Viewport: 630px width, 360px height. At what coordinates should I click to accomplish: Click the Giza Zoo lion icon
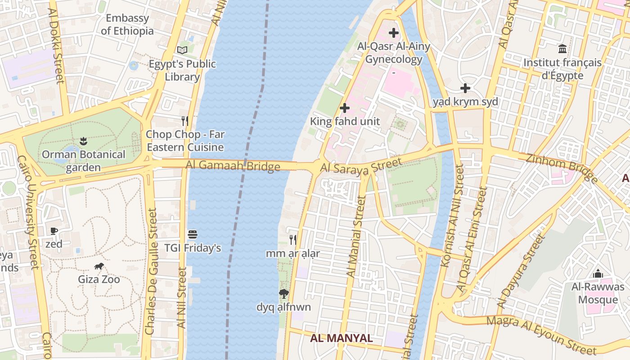point(99,266)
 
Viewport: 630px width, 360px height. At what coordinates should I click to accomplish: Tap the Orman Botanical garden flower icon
point(83,141)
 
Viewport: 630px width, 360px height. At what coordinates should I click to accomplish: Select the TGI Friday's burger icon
point(193,234)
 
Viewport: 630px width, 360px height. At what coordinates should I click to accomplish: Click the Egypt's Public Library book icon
point(182,50)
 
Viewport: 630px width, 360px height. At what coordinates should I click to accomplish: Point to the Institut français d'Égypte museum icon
point(562,49)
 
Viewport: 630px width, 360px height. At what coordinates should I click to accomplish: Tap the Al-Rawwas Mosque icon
point(598,274)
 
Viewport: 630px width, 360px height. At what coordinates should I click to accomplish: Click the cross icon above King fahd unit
point(345,108)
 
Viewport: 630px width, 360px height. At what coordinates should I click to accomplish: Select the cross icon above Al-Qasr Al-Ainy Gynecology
point(394,33)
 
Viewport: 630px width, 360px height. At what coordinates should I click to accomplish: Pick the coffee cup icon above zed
point(54,231)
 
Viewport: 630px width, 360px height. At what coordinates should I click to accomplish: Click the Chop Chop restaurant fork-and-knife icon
point(184,121)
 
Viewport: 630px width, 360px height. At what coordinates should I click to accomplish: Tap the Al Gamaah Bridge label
point(233,166)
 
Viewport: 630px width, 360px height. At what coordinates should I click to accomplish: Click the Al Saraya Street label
point(360,165)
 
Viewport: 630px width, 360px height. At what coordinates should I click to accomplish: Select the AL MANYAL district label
point(342,338)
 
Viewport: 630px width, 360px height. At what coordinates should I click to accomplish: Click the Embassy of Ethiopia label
point(127,25)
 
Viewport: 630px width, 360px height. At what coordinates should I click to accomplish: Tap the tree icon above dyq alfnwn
point(283,294)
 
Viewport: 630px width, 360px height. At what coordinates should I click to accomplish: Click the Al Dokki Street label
point(56,45)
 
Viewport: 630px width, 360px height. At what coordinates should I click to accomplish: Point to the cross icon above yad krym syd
point(465,88)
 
